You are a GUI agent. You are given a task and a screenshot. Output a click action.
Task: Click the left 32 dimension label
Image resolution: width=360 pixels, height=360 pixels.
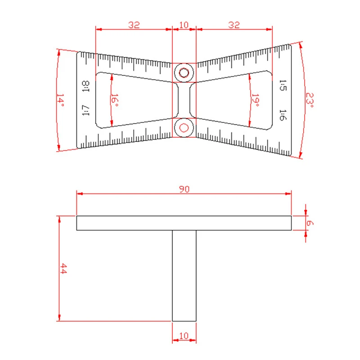tap(134, 25)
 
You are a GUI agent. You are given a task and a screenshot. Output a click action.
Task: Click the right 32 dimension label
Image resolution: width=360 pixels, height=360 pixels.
tap(234, 25)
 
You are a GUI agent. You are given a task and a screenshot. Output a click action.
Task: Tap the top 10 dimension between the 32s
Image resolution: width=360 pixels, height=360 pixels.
tap(184, 25)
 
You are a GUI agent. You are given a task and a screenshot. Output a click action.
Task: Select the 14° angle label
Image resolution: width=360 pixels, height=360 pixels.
tap(60, 100)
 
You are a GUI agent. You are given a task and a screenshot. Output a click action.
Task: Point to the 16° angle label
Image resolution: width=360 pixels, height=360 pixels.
tap(115, 100)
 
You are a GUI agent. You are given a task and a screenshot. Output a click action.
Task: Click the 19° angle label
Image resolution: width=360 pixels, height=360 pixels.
tap(255, 100)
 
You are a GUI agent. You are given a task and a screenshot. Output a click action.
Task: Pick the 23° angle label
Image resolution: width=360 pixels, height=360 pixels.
tap(310, 100)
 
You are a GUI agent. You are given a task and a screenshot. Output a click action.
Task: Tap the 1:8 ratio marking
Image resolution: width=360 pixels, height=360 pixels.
tap(85, 86)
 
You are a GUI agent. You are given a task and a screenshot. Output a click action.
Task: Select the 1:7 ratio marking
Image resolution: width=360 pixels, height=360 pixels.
tap(85, 110)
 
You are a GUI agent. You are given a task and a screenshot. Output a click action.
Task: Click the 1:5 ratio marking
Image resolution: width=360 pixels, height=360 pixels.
tap(283, 85)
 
